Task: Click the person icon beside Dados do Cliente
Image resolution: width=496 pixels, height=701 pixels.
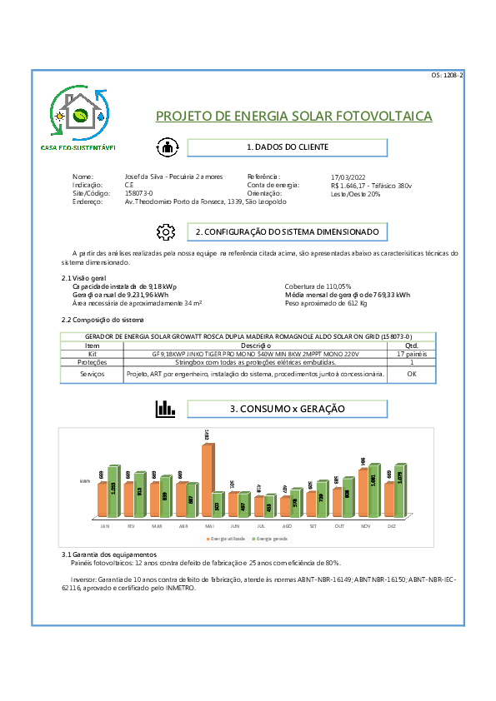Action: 167,147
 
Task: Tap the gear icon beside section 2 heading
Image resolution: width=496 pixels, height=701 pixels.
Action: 167,231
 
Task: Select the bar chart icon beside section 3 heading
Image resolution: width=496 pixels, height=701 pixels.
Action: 166,409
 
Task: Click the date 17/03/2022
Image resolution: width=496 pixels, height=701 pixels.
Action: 348,177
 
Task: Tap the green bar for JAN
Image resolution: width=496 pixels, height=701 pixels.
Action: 114,492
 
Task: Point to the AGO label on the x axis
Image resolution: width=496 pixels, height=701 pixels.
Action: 287,526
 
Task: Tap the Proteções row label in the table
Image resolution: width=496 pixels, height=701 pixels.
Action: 92,363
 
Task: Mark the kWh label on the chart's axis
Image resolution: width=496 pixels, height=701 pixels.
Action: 85,481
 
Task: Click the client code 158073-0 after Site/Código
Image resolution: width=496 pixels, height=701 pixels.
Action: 138,193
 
